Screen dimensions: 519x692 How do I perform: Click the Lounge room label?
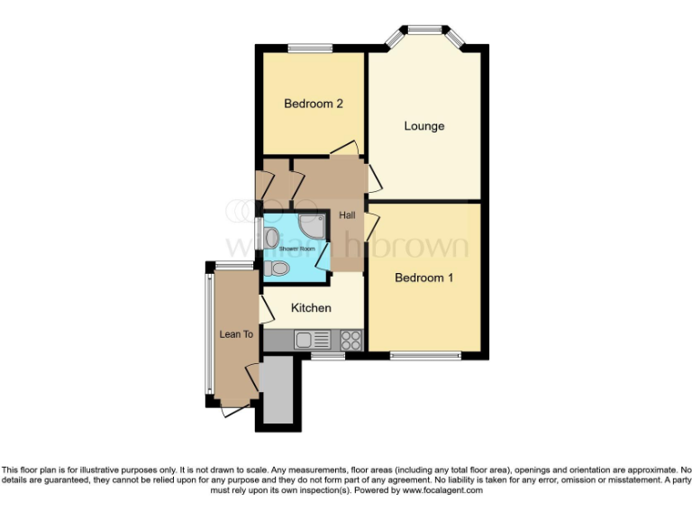(423, 126)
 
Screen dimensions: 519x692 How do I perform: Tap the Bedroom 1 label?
(423, 278)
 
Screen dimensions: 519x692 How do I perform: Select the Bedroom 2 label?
(313, 104)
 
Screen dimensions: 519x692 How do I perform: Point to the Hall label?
(348, 216)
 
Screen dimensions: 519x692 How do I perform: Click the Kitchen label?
(311, 308)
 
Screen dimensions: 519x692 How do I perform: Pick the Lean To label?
(236, 334)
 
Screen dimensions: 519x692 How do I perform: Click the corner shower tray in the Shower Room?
(312, 225)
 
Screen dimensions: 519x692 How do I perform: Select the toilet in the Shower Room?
(278, 269)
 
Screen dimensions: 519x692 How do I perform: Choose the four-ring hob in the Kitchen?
(351, 341)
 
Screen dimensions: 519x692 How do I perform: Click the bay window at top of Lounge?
(423, 32)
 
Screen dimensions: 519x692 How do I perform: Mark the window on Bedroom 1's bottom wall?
(423, 356)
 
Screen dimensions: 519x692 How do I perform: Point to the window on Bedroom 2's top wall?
(310, 48)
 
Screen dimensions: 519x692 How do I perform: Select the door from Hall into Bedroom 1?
(370, 221)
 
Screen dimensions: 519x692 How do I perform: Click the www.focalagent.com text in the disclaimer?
(442, 491)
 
